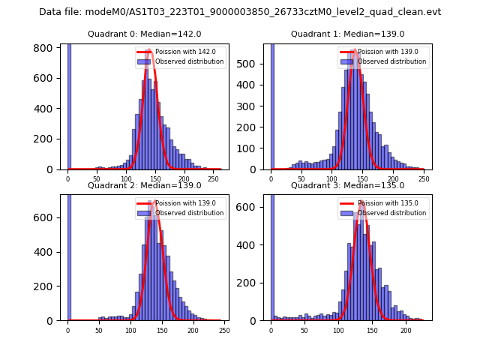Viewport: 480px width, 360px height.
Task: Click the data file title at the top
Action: [x=240, y=12]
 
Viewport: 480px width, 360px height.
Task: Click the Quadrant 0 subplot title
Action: [x=144, y=34]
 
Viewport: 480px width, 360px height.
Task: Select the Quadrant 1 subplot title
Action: [x=347, y=34]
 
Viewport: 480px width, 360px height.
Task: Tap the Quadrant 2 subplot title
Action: [x=144, y=185]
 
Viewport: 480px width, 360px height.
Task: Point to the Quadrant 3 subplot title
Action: [x=347, y=185]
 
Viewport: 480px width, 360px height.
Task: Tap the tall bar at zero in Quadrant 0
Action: [x=69, y=105]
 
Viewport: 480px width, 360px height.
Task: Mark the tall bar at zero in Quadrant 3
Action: [x=271, y=255]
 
